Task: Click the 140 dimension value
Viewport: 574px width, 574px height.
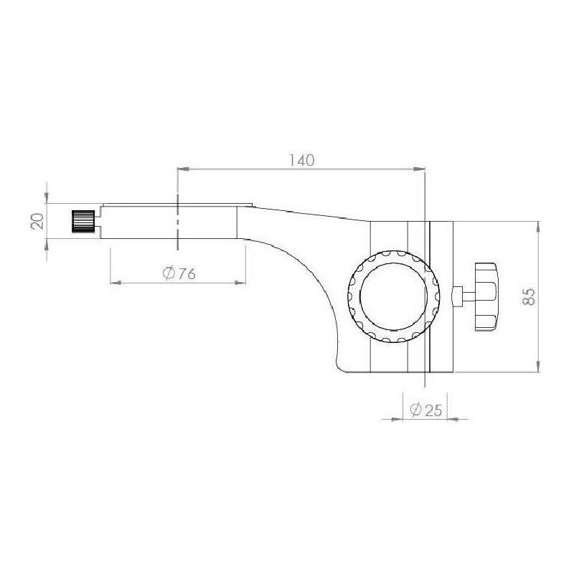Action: point(301,160)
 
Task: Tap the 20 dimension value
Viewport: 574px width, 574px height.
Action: point(38,221)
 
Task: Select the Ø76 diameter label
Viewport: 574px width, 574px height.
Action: point(179,273)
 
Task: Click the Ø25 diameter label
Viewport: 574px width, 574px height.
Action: point(425,410)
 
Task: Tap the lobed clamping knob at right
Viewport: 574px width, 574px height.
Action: point(486,297)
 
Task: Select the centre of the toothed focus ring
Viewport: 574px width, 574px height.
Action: point(393,296)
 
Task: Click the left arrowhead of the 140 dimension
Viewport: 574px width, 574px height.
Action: point(183,169)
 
